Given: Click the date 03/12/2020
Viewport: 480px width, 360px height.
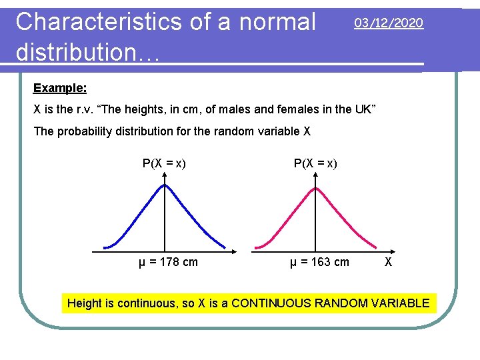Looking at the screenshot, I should coord(389,23).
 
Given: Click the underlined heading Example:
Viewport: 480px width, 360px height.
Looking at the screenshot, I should coord(60,88).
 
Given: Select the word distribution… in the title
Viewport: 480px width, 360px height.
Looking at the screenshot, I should coord(87,52).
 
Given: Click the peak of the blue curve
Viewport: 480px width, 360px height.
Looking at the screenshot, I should coord(165,185).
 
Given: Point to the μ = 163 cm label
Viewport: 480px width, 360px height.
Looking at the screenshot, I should coord(319,262).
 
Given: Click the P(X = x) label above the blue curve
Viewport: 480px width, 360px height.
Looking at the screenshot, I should coord(164,163).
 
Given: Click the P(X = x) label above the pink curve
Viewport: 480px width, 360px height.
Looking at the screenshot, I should coord(315,163).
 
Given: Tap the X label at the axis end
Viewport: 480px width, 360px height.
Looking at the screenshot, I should coord(388,262).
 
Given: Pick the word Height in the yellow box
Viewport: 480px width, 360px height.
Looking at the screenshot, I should coord(85,303).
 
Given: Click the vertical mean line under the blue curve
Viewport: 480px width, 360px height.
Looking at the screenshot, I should coord(165,220).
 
